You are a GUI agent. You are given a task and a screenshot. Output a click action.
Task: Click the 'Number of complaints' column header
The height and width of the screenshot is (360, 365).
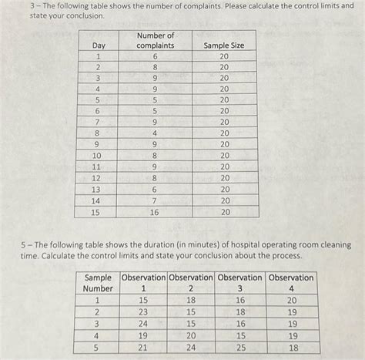156,40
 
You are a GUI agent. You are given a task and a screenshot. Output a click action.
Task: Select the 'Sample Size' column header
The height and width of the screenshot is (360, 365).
224,45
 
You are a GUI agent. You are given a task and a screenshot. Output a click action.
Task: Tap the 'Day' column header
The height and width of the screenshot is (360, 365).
99,45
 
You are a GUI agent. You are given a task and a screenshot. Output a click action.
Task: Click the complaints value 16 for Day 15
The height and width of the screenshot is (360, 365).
155,211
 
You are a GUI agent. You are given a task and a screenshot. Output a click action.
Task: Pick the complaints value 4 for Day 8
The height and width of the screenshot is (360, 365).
155,133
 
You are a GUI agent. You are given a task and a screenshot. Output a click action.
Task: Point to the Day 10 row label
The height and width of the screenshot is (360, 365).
97,155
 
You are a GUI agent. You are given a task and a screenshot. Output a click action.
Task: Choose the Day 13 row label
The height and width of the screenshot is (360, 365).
97,189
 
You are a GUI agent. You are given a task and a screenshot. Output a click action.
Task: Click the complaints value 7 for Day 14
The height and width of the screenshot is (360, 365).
155,200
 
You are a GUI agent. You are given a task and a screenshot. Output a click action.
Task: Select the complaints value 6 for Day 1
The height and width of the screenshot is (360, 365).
155,56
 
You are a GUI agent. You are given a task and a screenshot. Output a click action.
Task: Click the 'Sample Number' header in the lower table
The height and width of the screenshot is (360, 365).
98,283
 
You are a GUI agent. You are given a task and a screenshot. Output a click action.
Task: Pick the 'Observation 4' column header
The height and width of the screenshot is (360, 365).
291,283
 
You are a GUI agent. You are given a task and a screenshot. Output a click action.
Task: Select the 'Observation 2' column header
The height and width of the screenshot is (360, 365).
191,283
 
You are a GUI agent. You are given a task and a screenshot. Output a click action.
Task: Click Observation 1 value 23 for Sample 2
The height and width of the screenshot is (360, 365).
143,312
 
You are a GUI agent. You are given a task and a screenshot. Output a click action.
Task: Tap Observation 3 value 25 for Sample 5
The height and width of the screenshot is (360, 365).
240,348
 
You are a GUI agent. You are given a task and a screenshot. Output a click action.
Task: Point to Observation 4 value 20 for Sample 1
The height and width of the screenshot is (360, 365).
291,301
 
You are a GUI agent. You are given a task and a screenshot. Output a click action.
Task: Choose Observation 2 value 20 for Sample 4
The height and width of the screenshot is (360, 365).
191,336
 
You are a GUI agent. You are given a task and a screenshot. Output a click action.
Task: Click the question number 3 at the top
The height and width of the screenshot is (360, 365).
23,5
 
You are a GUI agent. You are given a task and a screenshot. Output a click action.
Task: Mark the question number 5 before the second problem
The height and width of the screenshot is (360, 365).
23,244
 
